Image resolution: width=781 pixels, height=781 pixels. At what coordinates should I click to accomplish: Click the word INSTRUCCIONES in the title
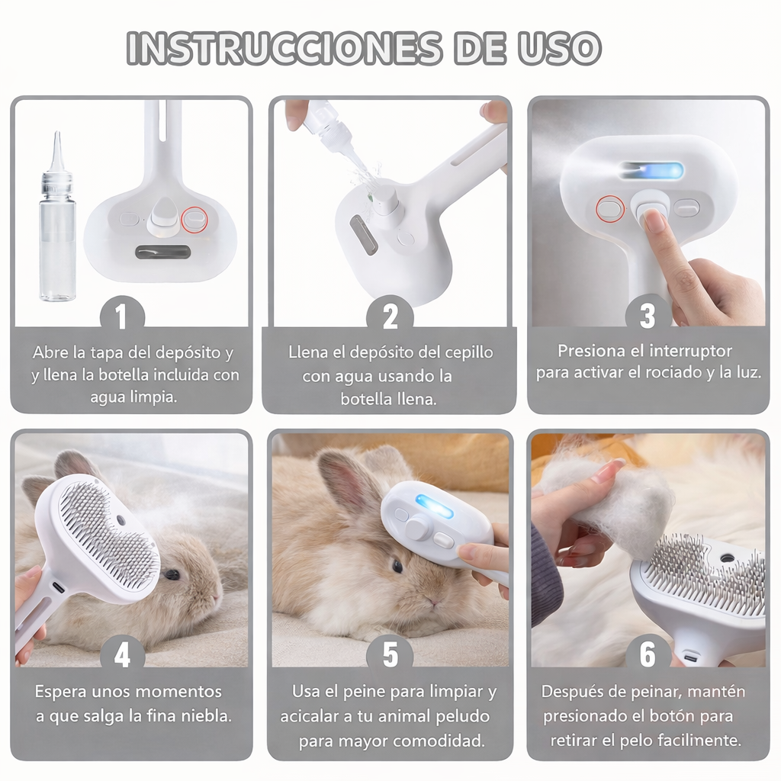point(284,48)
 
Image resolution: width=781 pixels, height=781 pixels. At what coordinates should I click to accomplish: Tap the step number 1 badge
point(122,316)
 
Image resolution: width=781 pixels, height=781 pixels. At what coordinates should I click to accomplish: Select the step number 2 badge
point(390,316)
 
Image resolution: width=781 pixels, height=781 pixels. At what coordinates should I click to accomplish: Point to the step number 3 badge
point(648,315)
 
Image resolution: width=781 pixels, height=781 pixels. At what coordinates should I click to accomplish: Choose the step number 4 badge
point(122,654)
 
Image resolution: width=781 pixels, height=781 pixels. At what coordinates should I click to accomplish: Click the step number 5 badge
point(390,654)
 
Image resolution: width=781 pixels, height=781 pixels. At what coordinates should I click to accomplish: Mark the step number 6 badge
point(648,654)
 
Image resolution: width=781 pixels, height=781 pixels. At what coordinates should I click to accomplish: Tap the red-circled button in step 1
point(194,220)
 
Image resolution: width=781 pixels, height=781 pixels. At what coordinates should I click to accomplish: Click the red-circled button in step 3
point(610,208)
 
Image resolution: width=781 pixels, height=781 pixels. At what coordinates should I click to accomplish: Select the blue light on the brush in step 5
point(434,506)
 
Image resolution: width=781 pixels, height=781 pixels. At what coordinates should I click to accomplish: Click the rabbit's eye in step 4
point(172,574)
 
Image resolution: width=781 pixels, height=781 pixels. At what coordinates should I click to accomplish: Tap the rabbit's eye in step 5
point(397,566)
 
